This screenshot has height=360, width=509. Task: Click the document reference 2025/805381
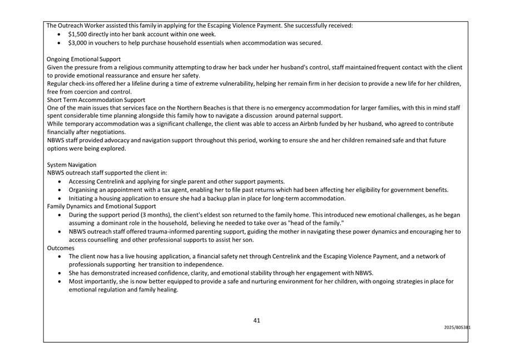coord(457,328)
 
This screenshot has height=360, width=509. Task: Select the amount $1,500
coord(78,34)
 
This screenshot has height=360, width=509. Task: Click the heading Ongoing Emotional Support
coord(83,59)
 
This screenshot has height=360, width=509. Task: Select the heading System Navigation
coord(71,165)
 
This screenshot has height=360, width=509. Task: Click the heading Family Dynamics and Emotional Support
coord(101,206)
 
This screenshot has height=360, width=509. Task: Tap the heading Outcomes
coord(61,248)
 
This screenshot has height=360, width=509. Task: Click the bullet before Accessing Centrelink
coord(61,182)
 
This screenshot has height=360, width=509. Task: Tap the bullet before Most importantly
coord(61,282)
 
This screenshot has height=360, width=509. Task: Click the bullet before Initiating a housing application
coord(61,199)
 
